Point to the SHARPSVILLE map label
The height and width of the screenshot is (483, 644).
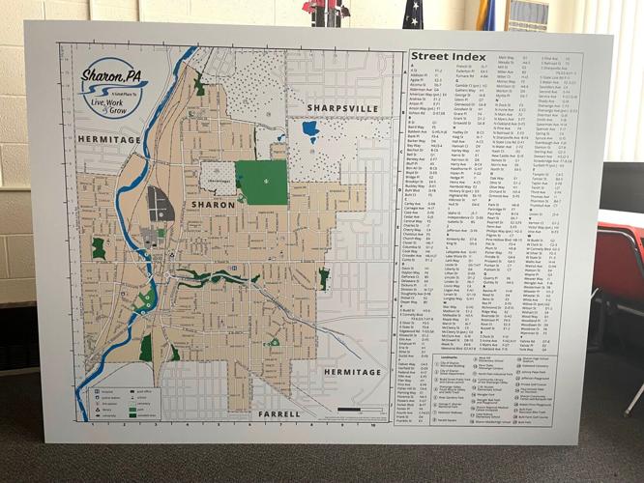337,106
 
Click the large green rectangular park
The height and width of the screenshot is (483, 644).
261,183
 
